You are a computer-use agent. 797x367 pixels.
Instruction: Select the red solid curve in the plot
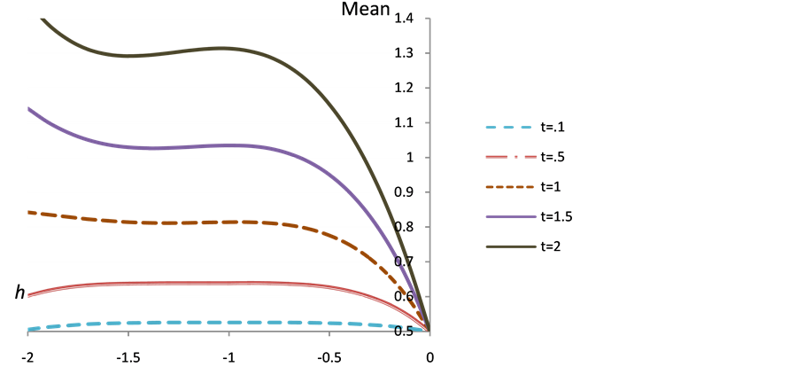click(x=177, y=283)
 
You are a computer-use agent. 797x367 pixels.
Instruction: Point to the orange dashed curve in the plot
click(x=177, y=222)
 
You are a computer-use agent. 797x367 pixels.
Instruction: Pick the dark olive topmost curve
click(x=177, y=51)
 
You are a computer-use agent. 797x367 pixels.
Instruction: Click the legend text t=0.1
click(x=553, y=128)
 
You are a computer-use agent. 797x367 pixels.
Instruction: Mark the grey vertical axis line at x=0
click(x=429, y=177)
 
